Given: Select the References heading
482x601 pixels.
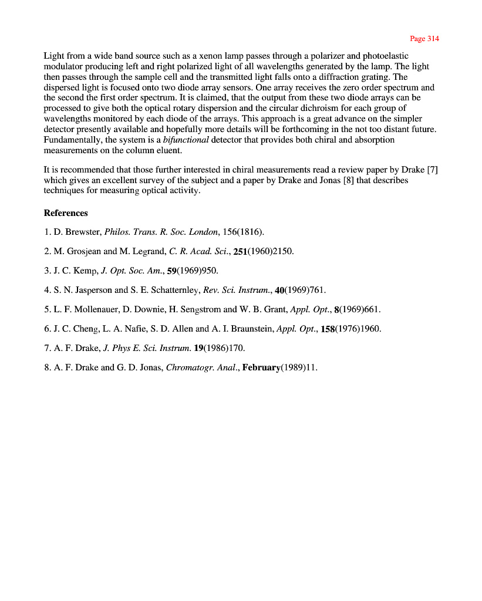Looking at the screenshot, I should pyautogui.click(x=66, y=213).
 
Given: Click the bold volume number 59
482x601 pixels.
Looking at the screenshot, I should pyautogui.click(x=172, y=271).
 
